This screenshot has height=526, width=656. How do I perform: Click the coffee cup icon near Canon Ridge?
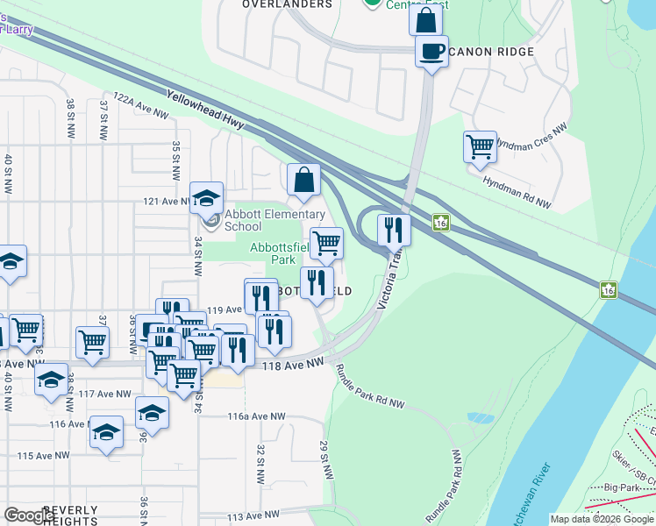(x=431, y=51)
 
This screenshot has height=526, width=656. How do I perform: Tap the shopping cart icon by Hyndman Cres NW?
(x=480, y=146)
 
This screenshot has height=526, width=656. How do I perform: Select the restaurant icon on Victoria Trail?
(x=394, y=229)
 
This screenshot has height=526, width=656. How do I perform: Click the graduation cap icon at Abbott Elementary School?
(x=206, y=197)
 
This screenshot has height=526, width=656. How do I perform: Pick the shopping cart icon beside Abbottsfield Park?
(x=326, y=243)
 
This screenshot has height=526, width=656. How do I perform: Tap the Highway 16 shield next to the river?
(x=607, y=289)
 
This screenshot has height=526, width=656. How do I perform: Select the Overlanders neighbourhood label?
(x=288, y=4)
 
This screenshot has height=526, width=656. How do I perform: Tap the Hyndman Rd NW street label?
(x=517, y=192)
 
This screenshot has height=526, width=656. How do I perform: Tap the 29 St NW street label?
(x=326, y=458)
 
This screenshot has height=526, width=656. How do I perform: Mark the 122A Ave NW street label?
(x=139, y=106)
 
